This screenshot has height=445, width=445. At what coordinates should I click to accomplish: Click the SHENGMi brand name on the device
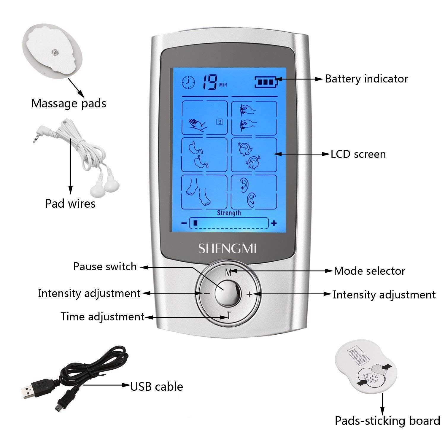tap(227, 249)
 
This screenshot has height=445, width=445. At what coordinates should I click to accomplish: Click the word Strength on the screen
tap(229, 213)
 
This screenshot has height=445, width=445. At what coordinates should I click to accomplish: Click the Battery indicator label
tap(367, 79)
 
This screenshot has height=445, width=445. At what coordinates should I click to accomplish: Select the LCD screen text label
tap(358, 154)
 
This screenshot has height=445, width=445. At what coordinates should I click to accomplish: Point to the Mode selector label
tap(369, 271)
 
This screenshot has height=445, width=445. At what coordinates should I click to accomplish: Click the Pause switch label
tap(105, 267)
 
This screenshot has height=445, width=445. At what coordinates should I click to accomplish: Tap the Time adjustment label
tap(102, 317)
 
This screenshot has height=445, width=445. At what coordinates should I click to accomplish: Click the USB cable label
tap(157, 387)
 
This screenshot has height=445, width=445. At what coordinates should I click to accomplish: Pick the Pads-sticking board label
tap(387, 421)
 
